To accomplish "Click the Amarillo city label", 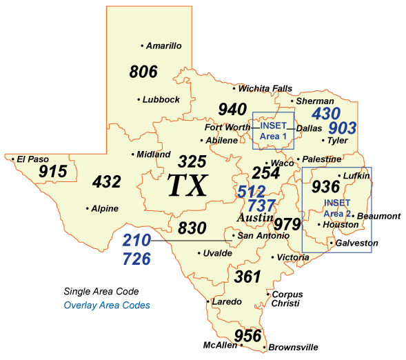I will [164, 46].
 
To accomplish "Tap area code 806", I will [143, 71].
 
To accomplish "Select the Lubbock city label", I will [161, 99].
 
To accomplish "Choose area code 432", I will [107, 182].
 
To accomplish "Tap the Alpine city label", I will [105, 208].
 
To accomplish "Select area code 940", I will [232, 109].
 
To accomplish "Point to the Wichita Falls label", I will [265, 88].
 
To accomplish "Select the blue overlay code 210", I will [136, 241].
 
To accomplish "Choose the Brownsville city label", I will [293, 348].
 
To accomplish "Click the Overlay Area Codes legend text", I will [106, 305].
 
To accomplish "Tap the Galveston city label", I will [357, 243].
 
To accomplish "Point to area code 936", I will [325, 186].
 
